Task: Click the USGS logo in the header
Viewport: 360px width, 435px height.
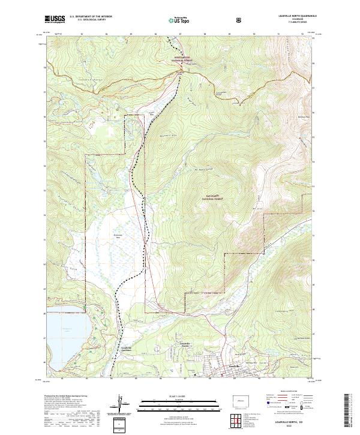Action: [x=55, y=19]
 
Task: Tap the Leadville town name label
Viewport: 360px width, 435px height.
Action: [x=232, y=367]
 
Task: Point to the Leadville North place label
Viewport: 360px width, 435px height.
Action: [x=190, y=344]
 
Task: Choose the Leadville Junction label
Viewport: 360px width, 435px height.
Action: [x=122, y=349]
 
